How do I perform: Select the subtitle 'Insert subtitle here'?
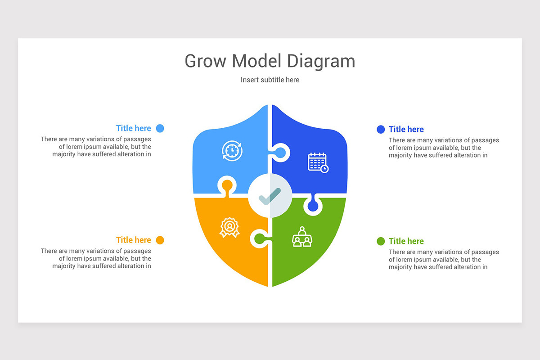[x=270, y=80]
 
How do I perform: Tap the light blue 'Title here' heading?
[x=133, y=128]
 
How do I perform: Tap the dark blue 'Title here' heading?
[x=406, y=129]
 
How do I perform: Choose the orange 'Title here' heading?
[x=133, y=240]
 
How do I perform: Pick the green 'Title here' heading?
[x=406, y=241]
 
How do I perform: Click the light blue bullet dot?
[x=160, y=128]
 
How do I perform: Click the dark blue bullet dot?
[x=381, y=129]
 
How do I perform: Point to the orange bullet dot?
[x=160, y=240]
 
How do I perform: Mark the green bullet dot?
[x=381, y=241]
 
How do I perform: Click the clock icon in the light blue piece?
[x=232, y=151]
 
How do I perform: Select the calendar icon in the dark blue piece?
[x=318, y=162]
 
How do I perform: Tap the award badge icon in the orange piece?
[x=229, y=227]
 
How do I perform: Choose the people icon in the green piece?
[x=302, y=237]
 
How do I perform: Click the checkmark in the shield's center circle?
[x=270, y=196]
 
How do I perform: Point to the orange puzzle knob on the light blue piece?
[x=227, y=185]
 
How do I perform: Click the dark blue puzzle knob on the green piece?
[x=313, y=206]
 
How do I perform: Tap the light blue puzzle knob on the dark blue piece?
[x=280, y=153]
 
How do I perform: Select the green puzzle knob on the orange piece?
[x=260, y=238]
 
